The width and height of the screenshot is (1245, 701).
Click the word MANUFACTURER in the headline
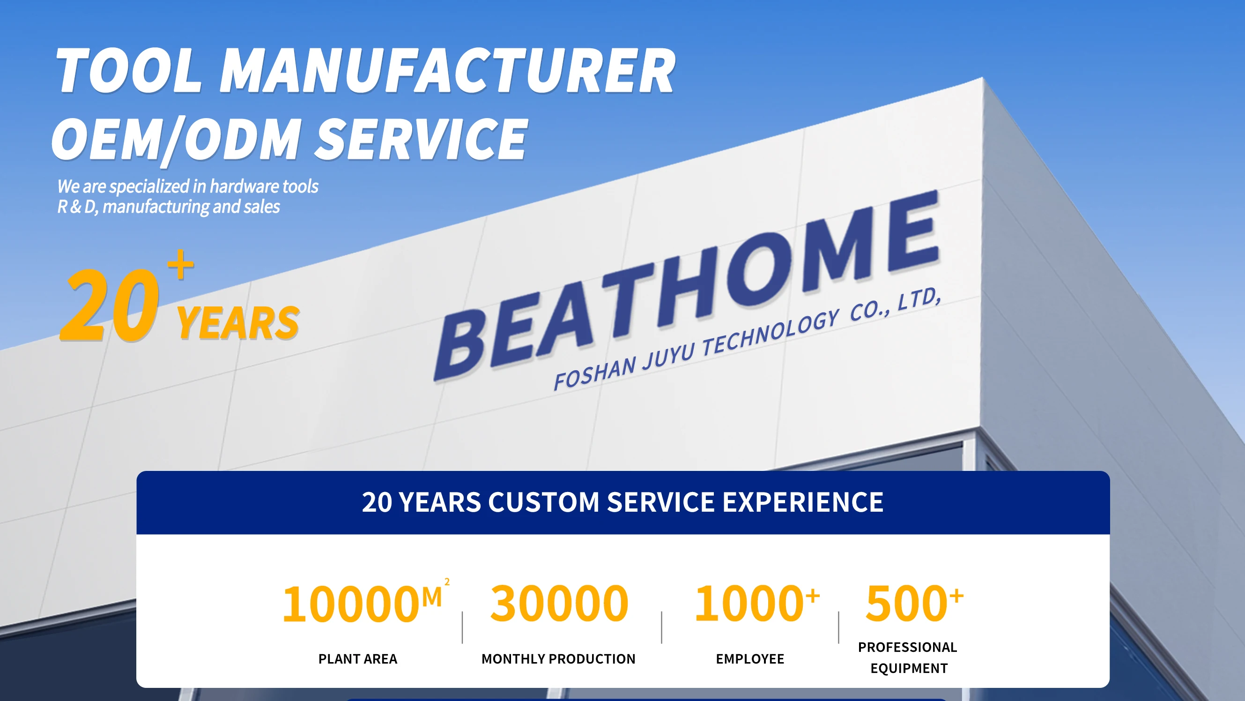click(x=447, y=71)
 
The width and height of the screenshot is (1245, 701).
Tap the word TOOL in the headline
click(x=128, y=71)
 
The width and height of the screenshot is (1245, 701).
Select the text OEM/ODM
click(x=177, y=140)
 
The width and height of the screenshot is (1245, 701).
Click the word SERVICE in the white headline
click(x=421, y=139)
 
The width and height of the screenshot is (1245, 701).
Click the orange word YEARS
click(x=238, y=323)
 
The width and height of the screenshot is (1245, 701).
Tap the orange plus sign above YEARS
click(x=180, y=264)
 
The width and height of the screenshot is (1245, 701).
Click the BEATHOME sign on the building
click(x=686, y=285)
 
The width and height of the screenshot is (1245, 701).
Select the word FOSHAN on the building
click(x=595, y=373)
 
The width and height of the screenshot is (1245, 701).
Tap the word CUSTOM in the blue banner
click(x=544, y=502)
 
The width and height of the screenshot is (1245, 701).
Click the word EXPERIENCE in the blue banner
click(x=803, y=502)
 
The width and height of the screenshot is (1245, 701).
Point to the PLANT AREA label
click(x=358, y=659)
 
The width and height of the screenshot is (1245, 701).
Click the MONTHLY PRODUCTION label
click(x=558, y=659)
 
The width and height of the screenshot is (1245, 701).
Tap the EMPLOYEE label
click(x=750, y=659)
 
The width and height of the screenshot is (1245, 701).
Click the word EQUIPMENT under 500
click(x=909, y=668)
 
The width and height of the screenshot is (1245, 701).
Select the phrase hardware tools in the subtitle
click(x=264, y=186)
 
